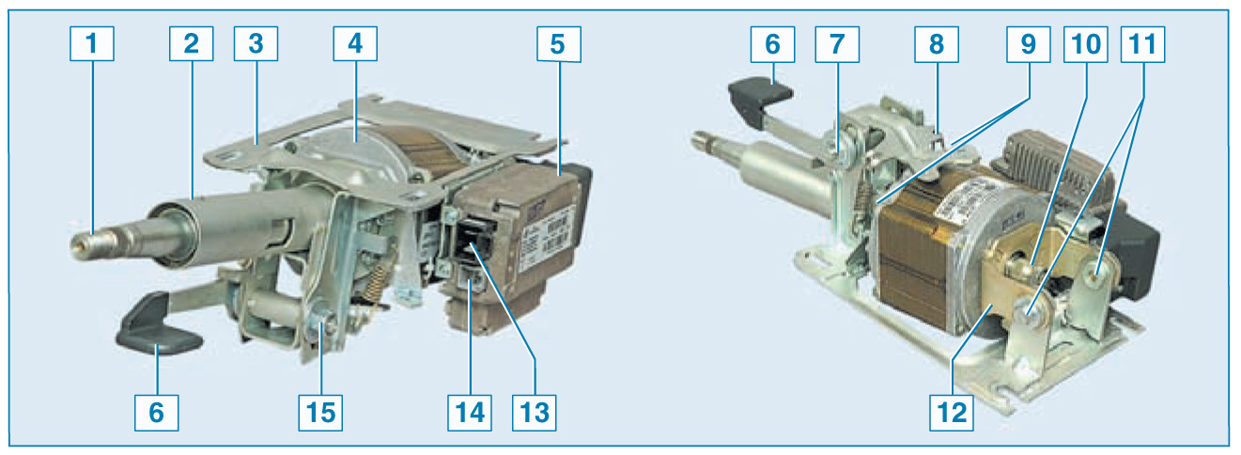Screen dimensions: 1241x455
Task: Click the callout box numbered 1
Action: pos(92,44)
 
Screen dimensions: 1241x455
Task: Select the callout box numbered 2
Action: pos(191,44)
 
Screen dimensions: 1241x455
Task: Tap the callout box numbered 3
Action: pos(256,44)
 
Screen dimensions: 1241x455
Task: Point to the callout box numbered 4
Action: pos(355,44)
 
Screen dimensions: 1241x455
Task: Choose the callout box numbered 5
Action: pos(558,44)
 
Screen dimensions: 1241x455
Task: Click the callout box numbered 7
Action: pos(837,44)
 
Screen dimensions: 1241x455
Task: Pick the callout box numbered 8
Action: pos(937,44)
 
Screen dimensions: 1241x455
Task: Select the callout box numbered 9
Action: pos(1029,44)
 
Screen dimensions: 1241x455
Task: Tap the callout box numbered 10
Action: pos(1086,44)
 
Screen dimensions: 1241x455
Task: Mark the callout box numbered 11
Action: pos(1142,44)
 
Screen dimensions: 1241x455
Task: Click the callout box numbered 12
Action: pos(952,413)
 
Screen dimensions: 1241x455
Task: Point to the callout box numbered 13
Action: pos(535,413)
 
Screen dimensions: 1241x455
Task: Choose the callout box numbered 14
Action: pos(470,413)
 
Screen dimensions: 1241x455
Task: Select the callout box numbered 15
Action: pos(320,413)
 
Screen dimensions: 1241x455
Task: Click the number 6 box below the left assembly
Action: pos(156,413)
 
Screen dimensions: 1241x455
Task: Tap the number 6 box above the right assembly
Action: pos(772,44)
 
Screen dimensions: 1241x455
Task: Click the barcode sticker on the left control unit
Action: pos(557,231)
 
